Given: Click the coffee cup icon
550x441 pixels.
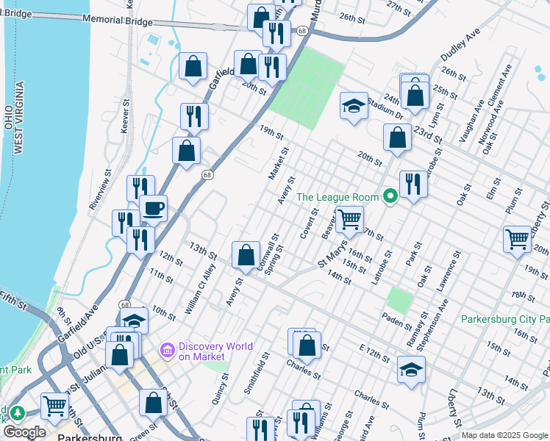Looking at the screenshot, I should click(154, 208).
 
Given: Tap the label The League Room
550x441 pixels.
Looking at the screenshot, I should click(337, 196).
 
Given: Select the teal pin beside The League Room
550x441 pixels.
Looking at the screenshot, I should click(390, 196).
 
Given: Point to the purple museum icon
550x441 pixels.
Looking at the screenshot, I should click(168, 351).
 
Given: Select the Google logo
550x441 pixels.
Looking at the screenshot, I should click(24, 432).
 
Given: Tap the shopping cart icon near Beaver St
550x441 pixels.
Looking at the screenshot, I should click(350, 218).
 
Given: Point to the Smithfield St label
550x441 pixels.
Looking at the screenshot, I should click(255, 372).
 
